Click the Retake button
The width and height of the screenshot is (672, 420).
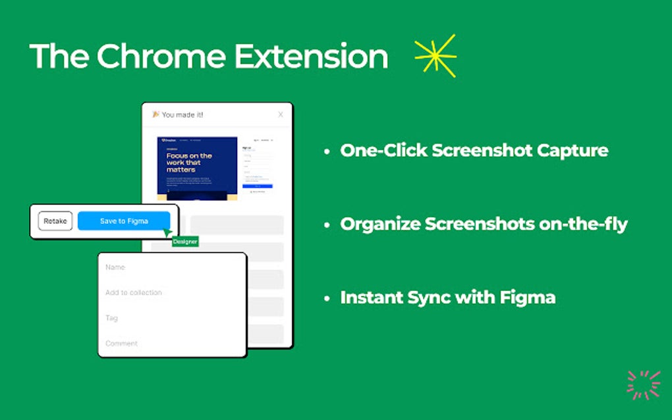[55, 221]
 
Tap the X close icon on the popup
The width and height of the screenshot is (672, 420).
[281, 115]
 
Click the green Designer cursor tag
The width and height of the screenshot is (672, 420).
[185, 242]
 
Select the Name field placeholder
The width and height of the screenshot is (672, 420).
[115, 267]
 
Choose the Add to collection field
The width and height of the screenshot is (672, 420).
[134, 292]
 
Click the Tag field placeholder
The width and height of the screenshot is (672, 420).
[112, 318]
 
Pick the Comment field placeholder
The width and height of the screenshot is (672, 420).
[122, 343]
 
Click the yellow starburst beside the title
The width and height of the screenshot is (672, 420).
[435, 56]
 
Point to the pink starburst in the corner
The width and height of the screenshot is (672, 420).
[643, 384]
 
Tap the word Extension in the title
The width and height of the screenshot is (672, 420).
[311, 57]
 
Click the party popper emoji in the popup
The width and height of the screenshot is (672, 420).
[155, 115]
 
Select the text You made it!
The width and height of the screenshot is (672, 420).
[182, 115]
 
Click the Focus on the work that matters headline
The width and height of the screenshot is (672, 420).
[189, 162]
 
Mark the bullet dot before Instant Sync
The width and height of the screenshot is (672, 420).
[327, 298]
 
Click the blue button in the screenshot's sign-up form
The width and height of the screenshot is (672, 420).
[258, 186]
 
